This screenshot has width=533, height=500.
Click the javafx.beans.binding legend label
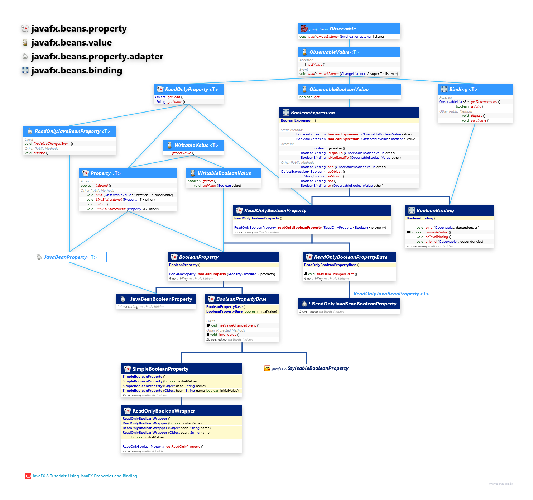tap(77, 71)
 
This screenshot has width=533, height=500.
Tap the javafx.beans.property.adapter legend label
tap(97, 57)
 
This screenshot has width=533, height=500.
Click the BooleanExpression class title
tap(312, 113)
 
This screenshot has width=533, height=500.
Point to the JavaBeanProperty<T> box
tap(70, 257)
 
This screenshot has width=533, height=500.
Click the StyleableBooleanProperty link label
tap(318, 368)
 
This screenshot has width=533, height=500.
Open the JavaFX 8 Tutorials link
tap(85, 476)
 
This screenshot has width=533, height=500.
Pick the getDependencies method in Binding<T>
tap(484, 102)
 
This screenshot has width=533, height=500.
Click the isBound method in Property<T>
tap(102, 186)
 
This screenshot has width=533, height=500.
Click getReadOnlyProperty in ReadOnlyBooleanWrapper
tap(183, 447)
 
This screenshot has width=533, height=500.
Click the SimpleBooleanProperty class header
tap(160, 369)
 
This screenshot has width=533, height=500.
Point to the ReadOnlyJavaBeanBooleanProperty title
tap(354, 304)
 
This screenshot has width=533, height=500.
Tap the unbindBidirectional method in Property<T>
tap(111, 209)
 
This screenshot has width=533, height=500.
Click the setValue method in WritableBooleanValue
tap(209, 186)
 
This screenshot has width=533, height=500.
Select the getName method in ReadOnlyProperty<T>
tap(174, 102)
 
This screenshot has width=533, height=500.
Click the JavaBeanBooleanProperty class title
tap(161, 299)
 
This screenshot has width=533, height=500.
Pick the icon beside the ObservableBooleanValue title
tap(304, 89)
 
